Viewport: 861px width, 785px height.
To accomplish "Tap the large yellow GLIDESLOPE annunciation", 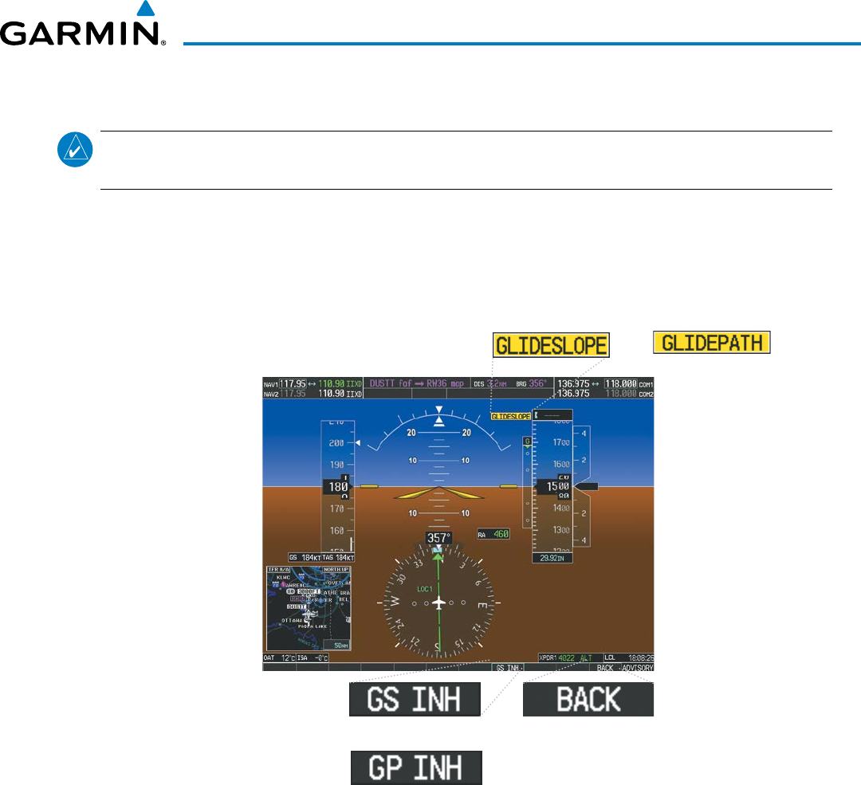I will coord(551,345).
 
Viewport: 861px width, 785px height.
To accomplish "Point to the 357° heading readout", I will coord(438,538).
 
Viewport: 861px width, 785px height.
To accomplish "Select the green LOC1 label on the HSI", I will coord(425,588).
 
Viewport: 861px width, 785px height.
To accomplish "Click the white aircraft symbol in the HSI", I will coord(438,603).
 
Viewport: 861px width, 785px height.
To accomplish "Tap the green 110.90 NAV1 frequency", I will coord(329,383).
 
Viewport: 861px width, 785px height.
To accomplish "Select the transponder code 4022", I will coord(567,657).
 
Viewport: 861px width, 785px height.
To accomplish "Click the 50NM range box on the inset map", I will coord(340,644).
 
